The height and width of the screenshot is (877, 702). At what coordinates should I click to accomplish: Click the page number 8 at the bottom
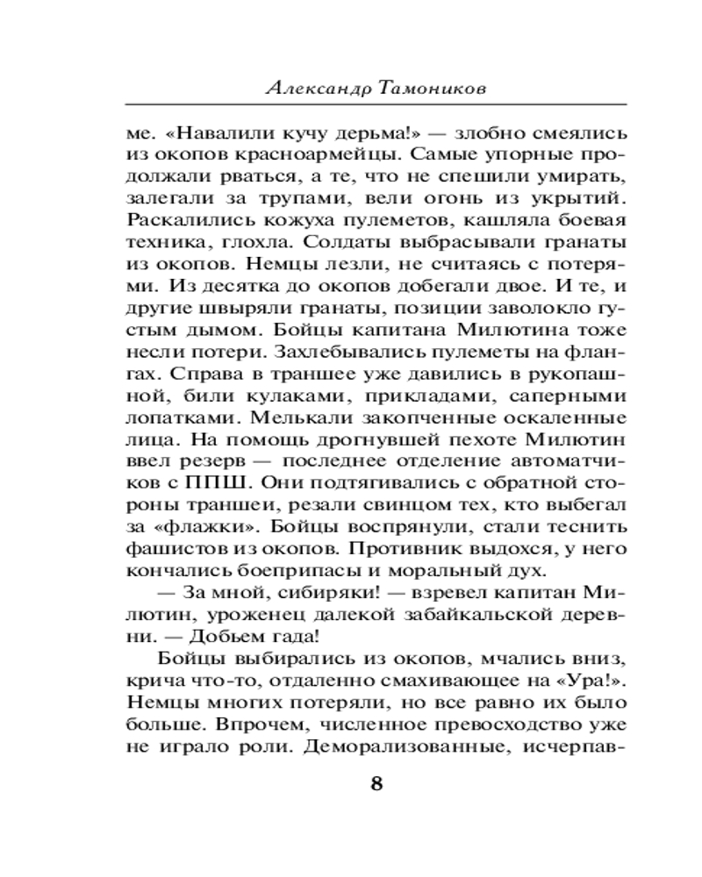377,783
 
